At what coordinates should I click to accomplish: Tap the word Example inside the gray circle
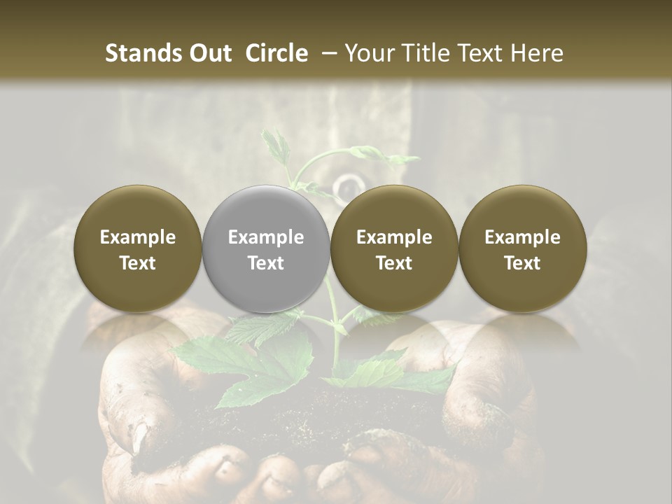pyautogui.click(x=266, y=237)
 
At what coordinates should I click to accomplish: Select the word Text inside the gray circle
pyautogui.click(x=266, y=263)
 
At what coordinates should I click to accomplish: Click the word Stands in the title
pyautogui.click(x=143, y=53)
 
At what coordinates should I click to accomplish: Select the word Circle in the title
pyautogui.click(x=276, y=53)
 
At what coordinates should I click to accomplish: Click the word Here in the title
pyautogui.click(x=539, y=53)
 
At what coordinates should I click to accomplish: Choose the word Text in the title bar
pyautogui.click(x=482, y=53)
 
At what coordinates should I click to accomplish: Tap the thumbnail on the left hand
pyautogui.click(x=140, y=437)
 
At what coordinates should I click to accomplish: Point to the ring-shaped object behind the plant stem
pyautogui.click(x=346, y=186)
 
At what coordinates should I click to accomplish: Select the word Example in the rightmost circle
pyautogui.click(x=522, y=237)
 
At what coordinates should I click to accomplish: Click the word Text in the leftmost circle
pyautogui.click(x=138, y=263)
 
